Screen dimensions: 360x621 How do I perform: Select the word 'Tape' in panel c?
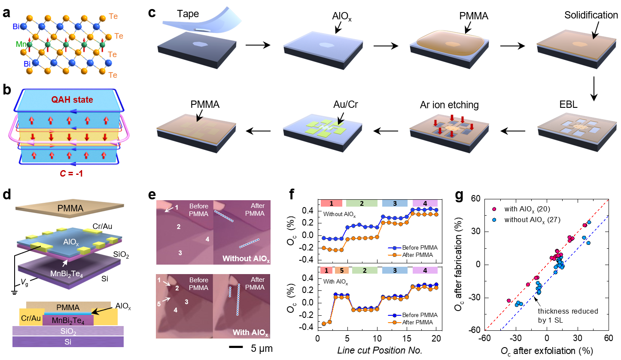[x=187, y=14]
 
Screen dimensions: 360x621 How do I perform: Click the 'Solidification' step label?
[x=591, y=15]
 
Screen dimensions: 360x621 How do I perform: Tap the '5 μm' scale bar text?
[x=261, y=348]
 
